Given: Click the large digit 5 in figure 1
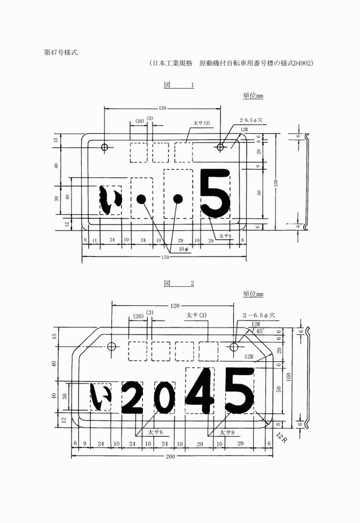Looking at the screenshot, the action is click(x=215, y=193).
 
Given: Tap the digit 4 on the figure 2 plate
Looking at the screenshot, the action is click(x=200, y=390).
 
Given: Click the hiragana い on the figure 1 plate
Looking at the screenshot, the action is click(x=109, y=200).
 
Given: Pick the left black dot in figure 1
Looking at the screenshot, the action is click(x=141, y=199).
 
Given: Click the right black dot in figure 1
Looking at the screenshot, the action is click(x=178, y=199).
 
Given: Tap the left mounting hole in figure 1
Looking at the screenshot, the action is click(x=105, y=147).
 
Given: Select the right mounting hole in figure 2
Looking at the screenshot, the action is click(x=234, y=347).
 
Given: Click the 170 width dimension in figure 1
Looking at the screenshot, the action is click(x=165, y=257).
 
